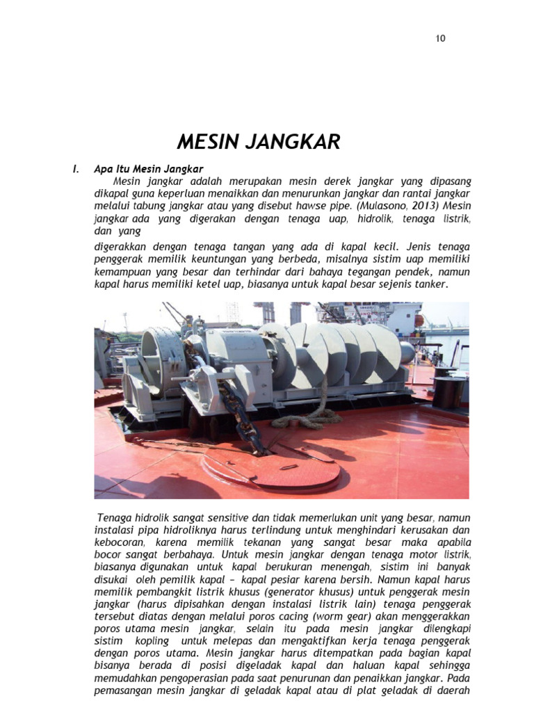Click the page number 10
[440, 38]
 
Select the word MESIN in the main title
[204, 143]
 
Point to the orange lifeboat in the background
[418, 319]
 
